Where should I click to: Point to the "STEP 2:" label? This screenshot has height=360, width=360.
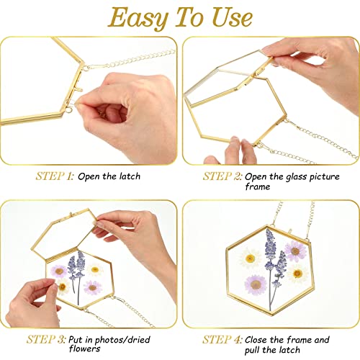tap(222, 176)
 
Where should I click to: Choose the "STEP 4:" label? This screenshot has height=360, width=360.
tap(222, 338)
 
